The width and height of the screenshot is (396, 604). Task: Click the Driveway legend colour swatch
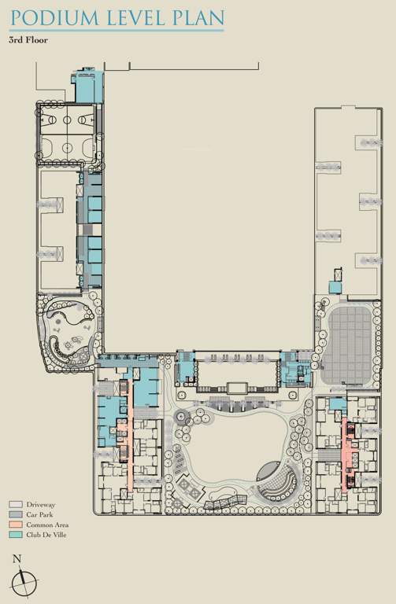click(x=16, y=504)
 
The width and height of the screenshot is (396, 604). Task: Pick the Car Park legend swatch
click(x=16, y=514)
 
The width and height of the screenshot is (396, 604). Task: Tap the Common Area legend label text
click(x=48, y=525)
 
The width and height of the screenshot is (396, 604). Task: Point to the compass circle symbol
click(x=24, y=583)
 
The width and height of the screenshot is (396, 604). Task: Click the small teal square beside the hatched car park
click(x=335, y=287)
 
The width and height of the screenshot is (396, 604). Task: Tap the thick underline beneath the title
click(x=117, y=31)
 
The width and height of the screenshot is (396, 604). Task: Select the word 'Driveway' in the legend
click(x=42, y=504)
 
